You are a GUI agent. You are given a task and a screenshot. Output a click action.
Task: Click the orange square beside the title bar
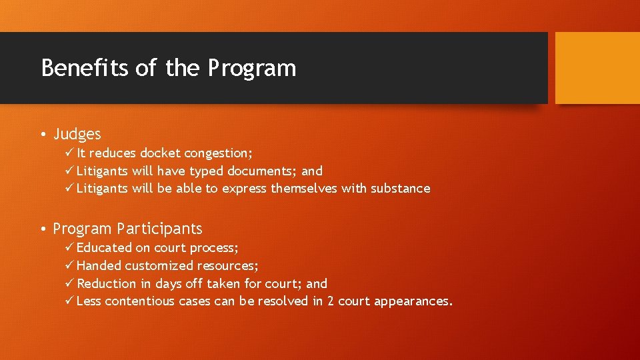click(x=597, y=68)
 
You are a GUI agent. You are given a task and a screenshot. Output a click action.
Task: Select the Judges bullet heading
click(x=77, y=135)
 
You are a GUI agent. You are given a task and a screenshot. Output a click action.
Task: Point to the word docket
click(x=160, y=153)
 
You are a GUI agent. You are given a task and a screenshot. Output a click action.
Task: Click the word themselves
click(x=304, y=189)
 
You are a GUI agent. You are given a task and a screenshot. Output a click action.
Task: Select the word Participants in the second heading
click(x=159, y=229)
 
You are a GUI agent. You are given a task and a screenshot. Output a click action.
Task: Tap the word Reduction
click(x=107, y=284)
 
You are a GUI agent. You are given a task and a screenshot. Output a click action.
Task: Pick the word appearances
click(x=413, y=301)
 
